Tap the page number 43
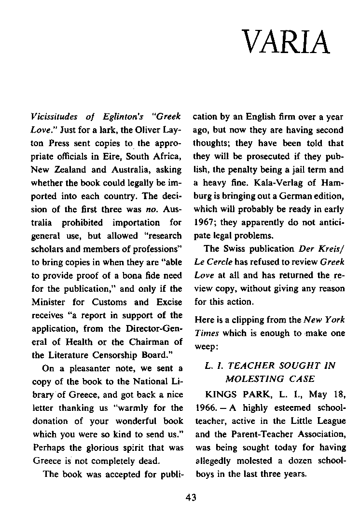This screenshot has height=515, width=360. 191,498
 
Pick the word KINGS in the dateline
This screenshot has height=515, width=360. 221,394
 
